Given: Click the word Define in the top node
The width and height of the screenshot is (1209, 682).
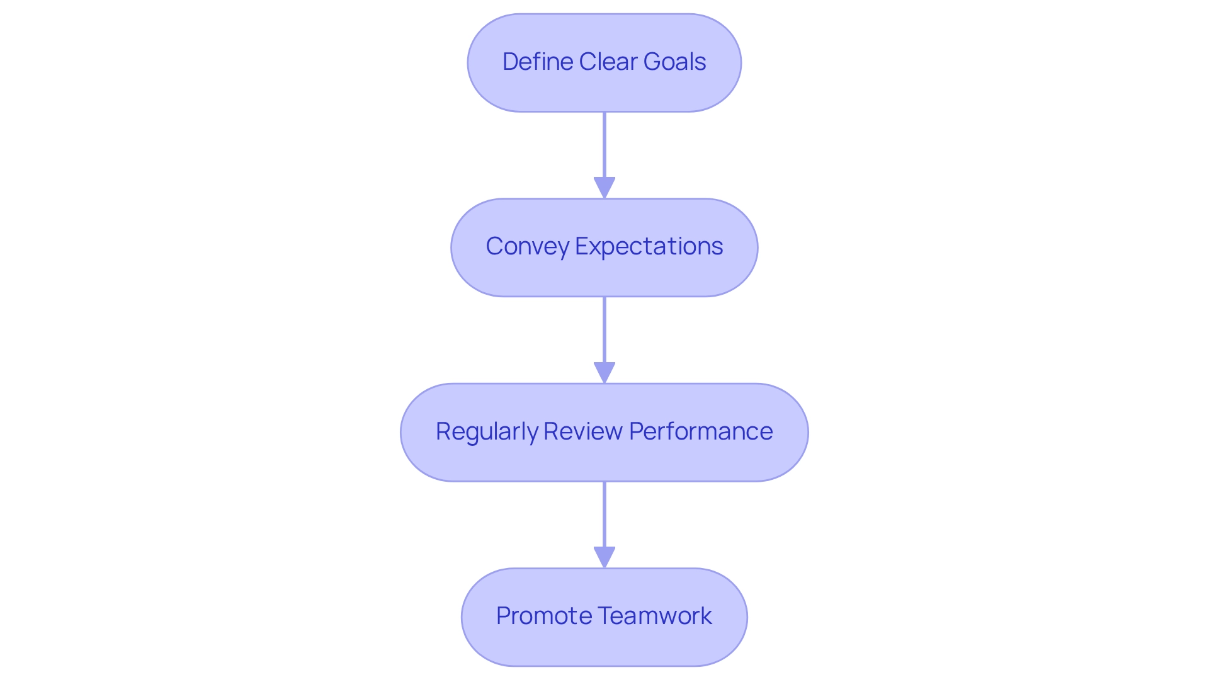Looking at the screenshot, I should point(538,62).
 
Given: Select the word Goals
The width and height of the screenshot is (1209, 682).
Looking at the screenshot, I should point(678,62).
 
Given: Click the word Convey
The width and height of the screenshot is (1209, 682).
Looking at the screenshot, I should point(527,246).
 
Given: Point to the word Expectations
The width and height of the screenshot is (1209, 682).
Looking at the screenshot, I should point(649,246).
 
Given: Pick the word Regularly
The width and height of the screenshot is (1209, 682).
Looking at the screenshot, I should point(486,431).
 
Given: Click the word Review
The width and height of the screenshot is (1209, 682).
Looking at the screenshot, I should point(582,431).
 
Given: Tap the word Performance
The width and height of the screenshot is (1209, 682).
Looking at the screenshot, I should point(700,431).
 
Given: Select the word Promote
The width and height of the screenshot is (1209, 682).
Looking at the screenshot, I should point(543,616).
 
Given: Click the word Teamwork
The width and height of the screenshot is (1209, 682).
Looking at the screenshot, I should point(655,616).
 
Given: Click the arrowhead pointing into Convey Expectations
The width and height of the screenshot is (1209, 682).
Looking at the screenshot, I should point(604,188).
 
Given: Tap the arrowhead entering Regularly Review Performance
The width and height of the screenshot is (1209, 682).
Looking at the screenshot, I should point(604,372).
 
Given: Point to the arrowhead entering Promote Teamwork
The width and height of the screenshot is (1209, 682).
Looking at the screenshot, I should point(604,557).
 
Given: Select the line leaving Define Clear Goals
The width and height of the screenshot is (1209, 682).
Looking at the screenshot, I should point(604,145).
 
